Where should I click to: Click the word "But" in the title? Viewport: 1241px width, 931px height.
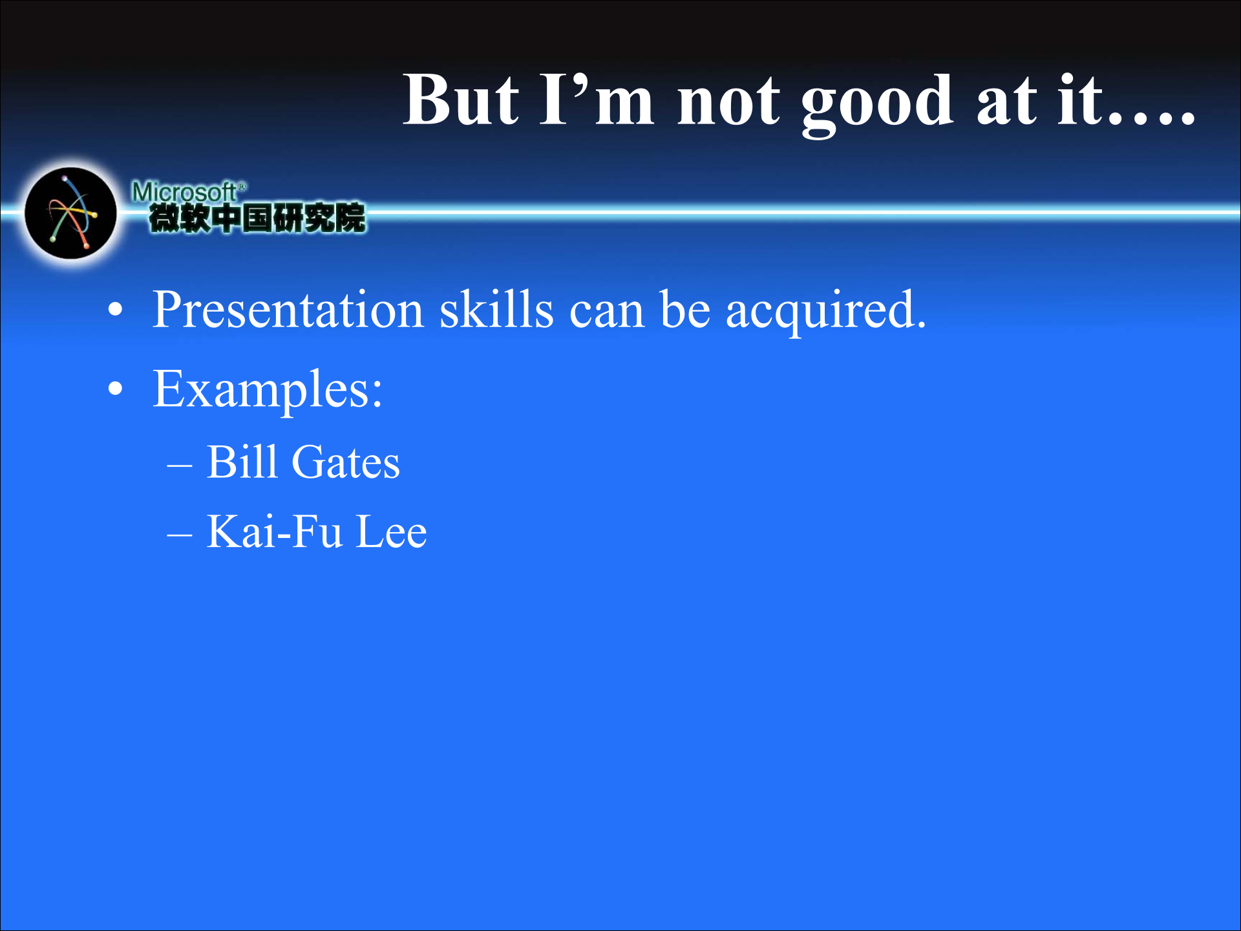tap(460, 101)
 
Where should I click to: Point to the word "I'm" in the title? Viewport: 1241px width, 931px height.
tap(597, 101)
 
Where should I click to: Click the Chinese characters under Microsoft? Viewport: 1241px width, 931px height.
tap(257, 218)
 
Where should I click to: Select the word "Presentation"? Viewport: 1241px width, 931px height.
tap(288, 310)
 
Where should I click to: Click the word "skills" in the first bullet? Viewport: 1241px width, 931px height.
tap(496, 310)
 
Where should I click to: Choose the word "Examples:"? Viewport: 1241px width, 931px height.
tap(268, 390)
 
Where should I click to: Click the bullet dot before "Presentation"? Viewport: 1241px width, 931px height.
tap(115, 310)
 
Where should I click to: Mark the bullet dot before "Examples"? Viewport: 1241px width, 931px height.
tap(115, 389)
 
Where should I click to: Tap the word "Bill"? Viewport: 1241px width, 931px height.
tap(242, 462)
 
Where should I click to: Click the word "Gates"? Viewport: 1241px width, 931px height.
tap(346, 463)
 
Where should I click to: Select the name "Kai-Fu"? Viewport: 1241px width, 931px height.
tap(274, 531)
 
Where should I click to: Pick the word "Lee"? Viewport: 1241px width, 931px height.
tap(391, 531)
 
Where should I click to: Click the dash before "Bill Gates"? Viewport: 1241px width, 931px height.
tap(179, 465)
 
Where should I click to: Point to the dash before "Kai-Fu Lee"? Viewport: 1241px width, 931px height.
tap(179, 535)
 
